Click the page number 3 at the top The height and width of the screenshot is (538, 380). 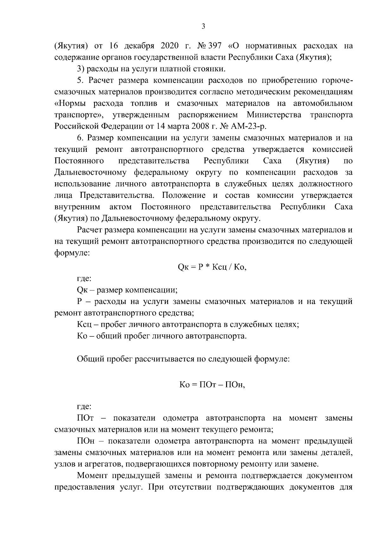203,27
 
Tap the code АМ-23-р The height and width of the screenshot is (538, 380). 250,126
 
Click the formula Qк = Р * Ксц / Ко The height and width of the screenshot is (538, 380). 212,267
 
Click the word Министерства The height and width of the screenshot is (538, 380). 274,115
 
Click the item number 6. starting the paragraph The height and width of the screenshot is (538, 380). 80,138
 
